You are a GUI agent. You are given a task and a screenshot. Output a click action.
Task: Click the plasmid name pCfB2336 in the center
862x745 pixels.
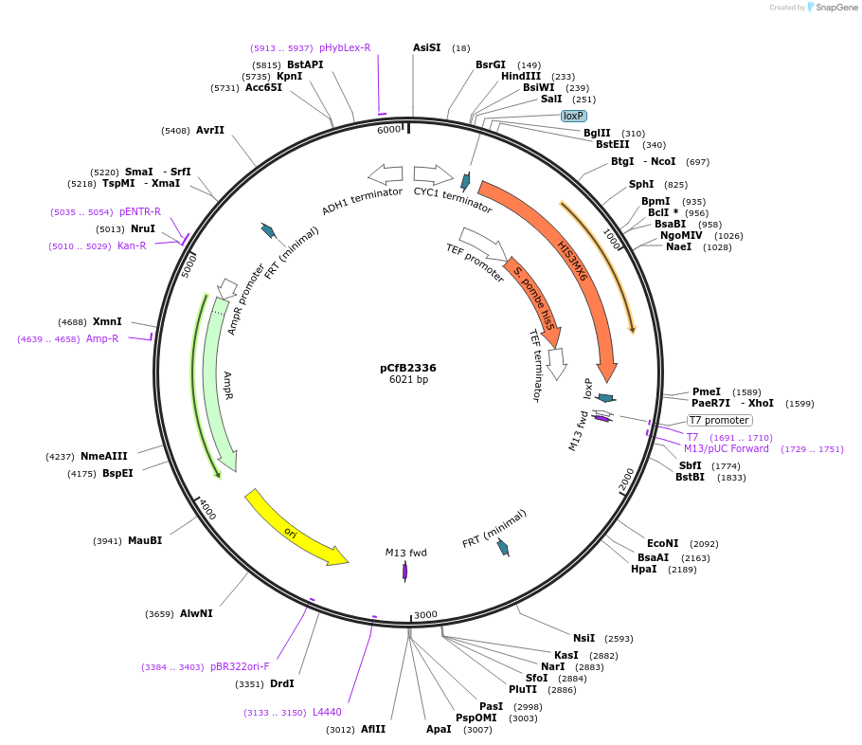407,368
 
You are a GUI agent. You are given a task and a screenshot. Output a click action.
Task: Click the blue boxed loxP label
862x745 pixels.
573,116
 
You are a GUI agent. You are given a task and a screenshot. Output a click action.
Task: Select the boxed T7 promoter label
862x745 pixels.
719,420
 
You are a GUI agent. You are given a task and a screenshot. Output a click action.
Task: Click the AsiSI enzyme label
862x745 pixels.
426,47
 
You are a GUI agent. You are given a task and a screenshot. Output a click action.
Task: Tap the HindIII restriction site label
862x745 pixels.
520,77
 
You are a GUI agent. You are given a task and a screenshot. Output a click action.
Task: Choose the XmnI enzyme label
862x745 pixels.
107,322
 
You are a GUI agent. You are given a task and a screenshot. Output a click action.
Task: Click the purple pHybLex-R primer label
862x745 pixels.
345,47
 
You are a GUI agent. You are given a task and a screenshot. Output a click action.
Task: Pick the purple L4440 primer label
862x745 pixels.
327,712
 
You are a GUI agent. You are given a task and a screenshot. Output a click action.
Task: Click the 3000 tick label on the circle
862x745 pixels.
425,614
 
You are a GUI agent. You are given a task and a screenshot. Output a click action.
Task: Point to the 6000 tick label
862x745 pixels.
388,130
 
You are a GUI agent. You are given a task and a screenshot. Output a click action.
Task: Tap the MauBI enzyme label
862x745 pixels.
145,540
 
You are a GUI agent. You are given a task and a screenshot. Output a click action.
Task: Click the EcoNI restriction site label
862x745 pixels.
663,543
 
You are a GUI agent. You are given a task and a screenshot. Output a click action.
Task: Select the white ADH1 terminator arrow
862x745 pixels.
386,174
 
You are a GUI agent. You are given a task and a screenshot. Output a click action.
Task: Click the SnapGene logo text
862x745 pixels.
836,8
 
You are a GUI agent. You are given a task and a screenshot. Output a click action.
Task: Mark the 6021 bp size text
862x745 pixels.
408,380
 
